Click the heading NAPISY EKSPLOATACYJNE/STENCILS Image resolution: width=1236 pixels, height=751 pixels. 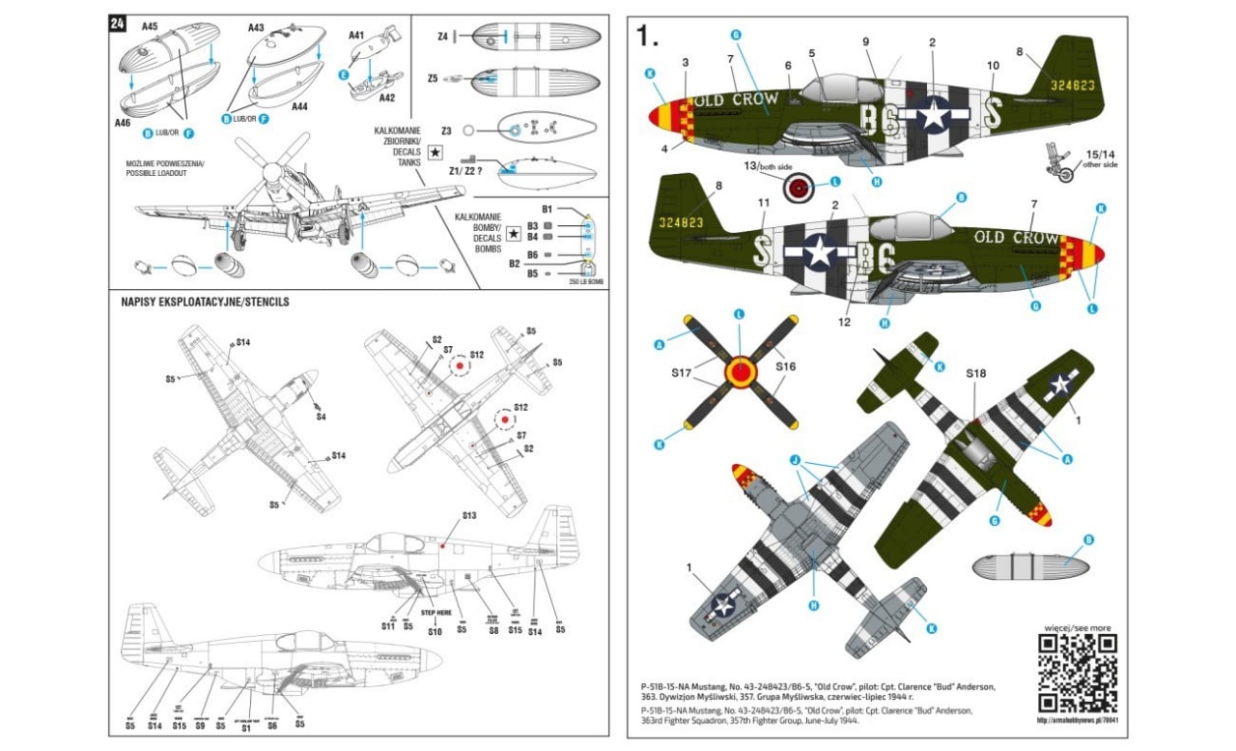(205, 302)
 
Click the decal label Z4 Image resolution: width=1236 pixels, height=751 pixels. (442, 36)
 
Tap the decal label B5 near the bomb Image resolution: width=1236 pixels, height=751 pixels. (532, 274)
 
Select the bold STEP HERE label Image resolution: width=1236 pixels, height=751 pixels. (430, 613)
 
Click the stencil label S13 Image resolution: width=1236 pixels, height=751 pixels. (469, 516)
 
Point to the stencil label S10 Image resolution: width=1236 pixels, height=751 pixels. (435, 632)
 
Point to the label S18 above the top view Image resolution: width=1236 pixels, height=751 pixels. (976, 372)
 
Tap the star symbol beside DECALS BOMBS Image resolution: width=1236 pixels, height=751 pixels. (514, 233)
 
